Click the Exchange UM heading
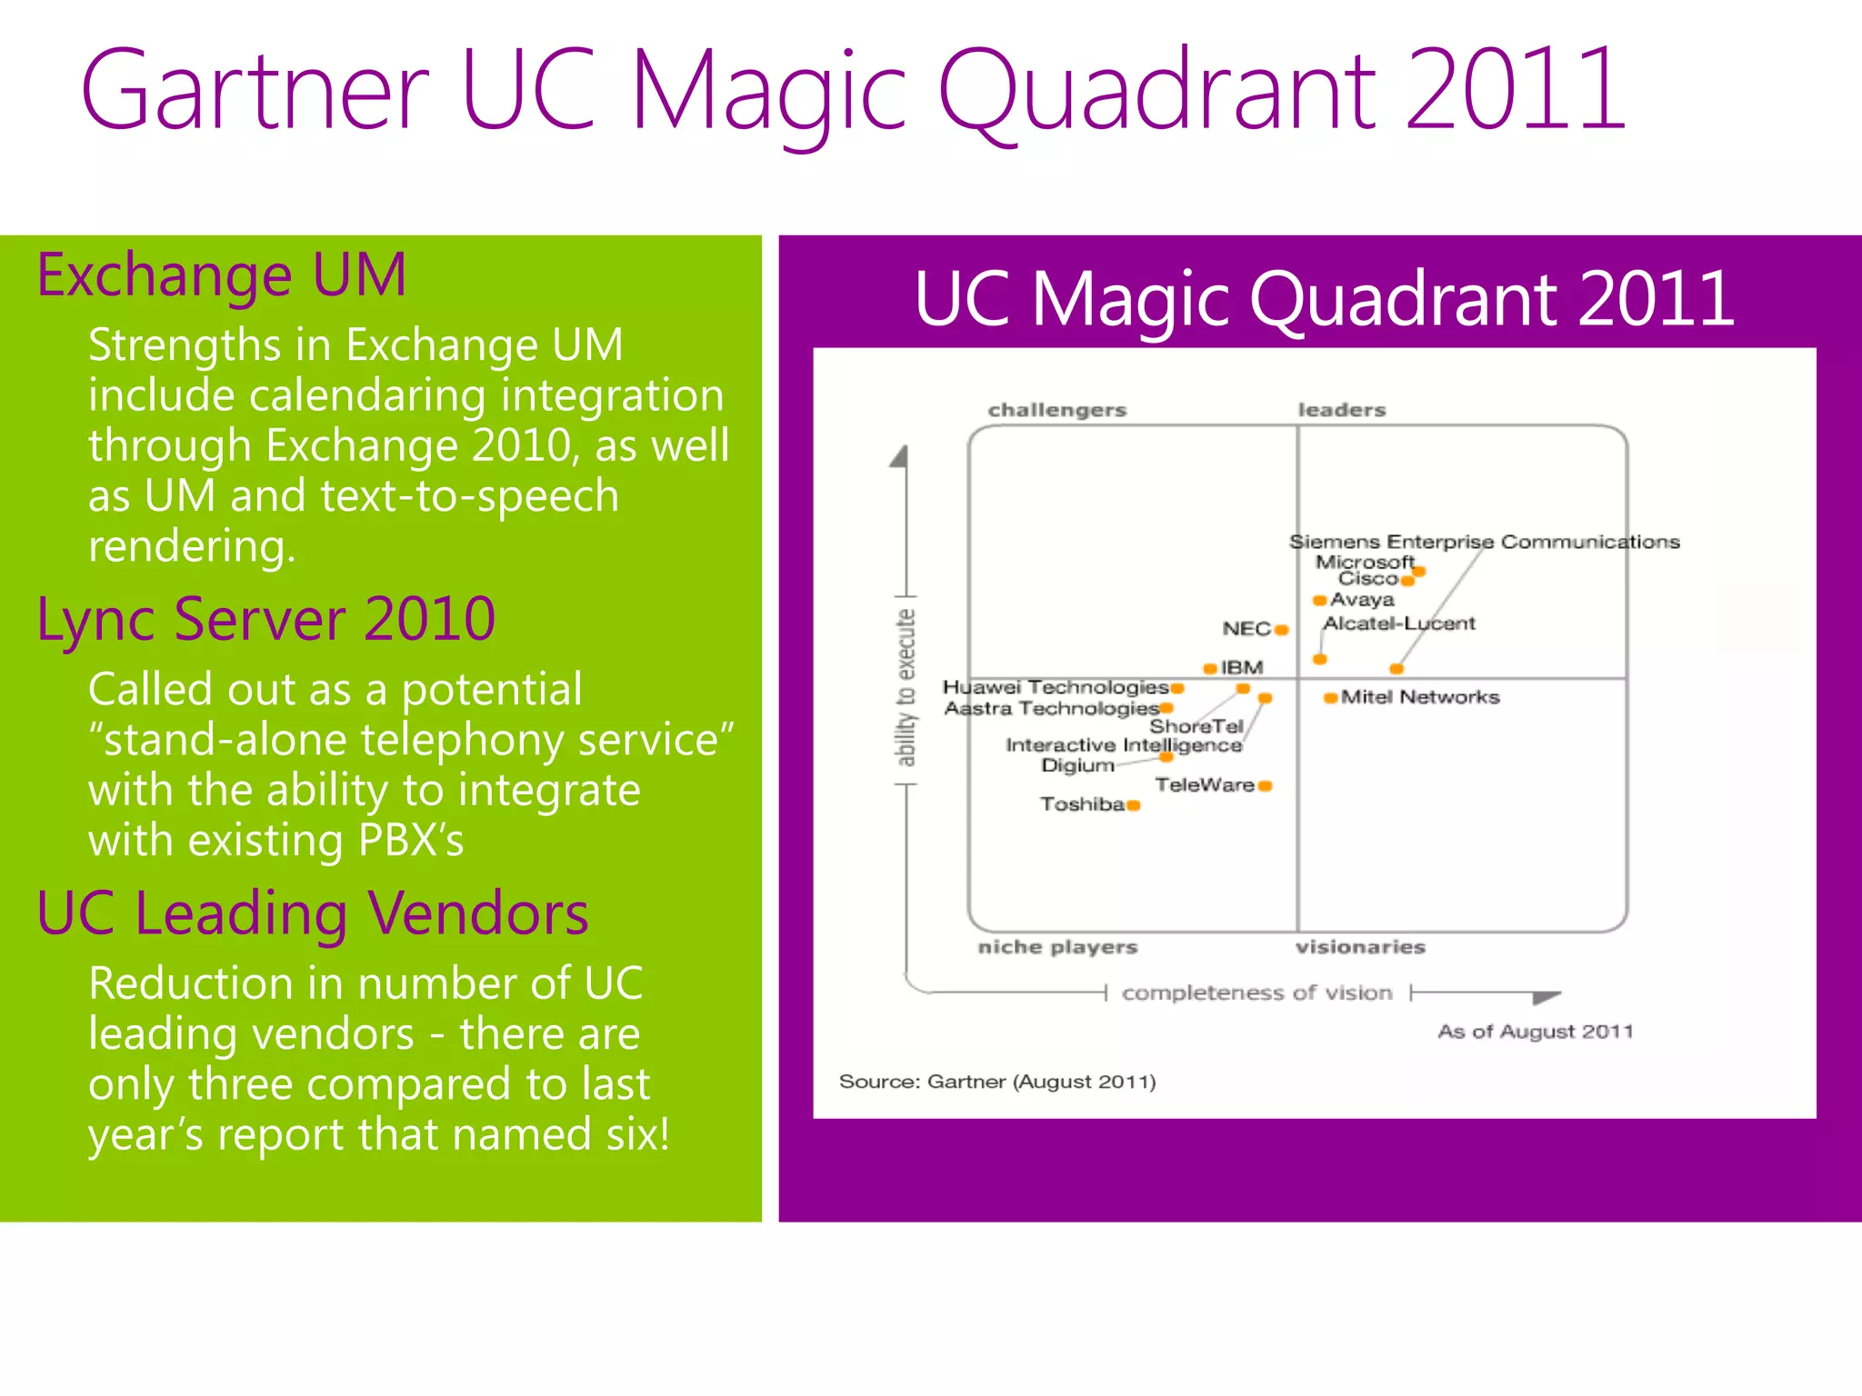[221, 274]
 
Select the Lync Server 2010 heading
[265, 619]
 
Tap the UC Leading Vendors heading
[313, 912]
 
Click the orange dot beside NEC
[1281, 630]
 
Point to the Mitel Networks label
[1419, 697]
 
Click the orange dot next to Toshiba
[1133, 804]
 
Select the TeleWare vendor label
[1205, 784]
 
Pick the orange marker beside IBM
[1210, 668]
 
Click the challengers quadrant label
[1057, 410]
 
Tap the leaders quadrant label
[1341, 410]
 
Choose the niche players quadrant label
[1057, 947]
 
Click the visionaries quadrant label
[1360, 947]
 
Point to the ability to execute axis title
[906, 688]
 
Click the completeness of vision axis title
[1256, 992]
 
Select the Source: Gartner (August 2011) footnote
[997, 1082]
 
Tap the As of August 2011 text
[1535, 1032]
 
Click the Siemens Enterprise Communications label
[1484, 542]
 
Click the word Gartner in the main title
[255, 91]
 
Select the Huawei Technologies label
[1055, 687]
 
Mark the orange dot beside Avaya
[1319, 600]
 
